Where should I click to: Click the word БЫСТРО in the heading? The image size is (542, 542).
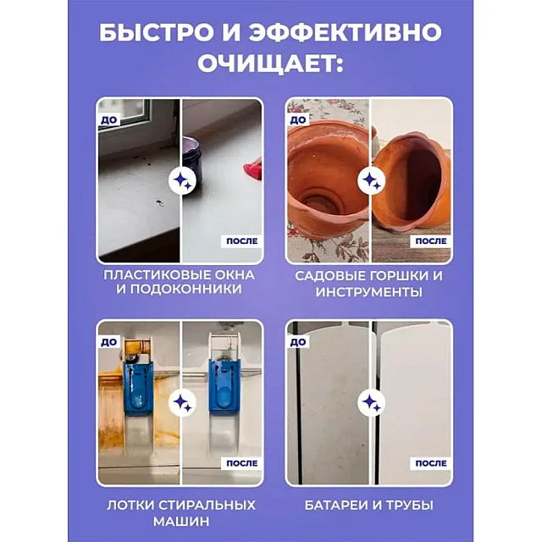(x=157, y=33)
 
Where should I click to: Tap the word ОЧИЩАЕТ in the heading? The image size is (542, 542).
(x=270, y=64)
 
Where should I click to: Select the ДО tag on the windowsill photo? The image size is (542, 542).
(x=109, y=120)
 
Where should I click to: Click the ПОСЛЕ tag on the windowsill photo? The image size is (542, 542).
(x=241, y=241)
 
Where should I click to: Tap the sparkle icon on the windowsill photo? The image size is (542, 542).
(x=182, y=180)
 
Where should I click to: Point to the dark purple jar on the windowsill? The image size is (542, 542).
(x=194, y=152)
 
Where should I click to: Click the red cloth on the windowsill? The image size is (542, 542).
(x=253, y=169)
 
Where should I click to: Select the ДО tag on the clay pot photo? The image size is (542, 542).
(x=298, y=120)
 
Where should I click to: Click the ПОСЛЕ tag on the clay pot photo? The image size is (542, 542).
(x=431, y=241)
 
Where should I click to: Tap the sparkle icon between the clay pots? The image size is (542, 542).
(x=371, y=180)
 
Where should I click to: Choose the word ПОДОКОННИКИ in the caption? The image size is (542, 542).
(x=179, y=289)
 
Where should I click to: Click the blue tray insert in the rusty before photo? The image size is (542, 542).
(x=137, y=387)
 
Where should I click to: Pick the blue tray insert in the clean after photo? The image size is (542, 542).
(x=223, y=387)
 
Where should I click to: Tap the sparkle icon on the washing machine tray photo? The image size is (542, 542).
(x=182, y=402)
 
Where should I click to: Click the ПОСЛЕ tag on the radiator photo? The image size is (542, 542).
(x=431, y=463)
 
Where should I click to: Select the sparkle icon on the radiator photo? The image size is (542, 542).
(x=371, y=402)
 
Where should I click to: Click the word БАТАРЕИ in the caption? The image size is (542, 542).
(x=336, y=506)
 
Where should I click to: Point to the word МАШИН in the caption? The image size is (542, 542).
(x=181, y=522)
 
